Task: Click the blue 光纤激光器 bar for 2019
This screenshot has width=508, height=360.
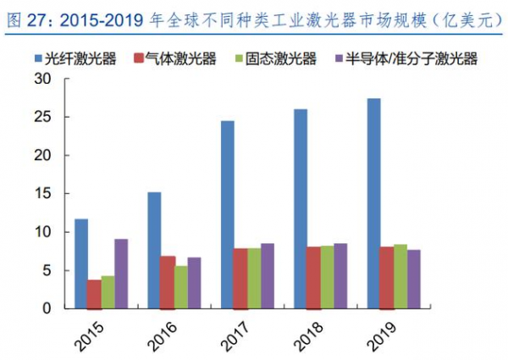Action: coord(374,203)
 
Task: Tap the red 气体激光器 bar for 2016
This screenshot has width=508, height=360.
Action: coord(168,282)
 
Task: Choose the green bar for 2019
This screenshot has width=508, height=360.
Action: coord(400,276)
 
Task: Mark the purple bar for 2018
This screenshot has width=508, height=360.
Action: coord(340,276)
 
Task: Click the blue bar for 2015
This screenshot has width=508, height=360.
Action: coord(80,263)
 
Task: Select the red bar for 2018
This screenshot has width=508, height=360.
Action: coord(313,277)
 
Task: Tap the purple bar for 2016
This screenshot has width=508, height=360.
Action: coord(195,283)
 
